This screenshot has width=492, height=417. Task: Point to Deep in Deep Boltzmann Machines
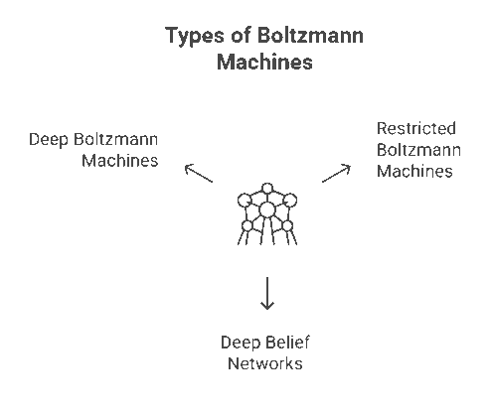pos(49,138)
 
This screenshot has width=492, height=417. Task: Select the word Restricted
pos(416,128)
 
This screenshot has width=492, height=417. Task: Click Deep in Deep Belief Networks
pos(240,343)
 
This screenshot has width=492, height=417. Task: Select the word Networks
pos(264,363)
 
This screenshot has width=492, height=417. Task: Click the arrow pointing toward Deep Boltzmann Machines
pos(199,174)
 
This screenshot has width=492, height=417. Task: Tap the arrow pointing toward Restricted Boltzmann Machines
pos(335,173)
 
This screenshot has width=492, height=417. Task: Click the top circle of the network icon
pos(266,188)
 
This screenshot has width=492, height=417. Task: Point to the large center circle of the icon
pos(266,208)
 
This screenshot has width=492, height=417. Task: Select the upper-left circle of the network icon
pos(246,200)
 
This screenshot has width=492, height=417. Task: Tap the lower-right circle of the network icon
pos(287,226)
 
